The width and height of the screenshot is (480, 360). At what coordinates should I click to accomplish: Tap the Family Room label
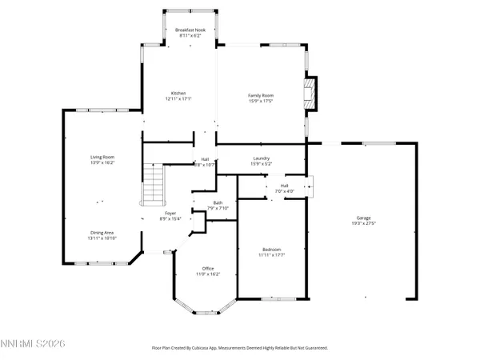click(260, 94)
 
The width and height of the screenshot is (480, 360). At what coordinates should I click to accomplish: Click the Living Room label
click(102, 157)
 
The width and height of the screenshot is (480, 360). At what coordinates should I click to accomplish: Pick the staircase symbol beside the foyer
click(152, 184)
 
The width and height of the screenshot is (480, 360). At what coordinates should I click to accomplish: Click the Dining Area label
click(102, 233)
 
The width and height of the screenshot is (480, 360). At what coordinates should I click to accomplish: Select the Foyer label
click(171, 214)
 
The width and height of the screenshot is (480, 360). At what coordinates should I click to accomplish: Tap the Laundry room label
click(260, 158)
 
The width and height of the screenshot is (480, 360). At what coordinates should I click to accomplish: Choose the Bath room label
click(218, 202)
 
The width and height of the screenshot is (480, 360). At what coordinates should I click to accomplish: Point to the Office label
click(207, 268)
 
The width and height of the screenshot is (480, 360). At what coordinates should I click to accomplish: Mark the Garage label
click(364, 218)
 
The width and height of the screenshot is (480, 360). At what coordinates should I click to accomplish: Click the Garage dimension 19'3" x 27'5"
click(364, 223)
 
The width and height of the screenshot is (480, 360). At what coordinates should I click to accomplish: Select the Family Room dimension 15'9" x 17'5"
click(260, 100)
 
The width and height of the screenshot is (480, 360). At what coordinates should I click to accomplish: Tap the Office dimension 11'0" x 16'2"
click(207, 274)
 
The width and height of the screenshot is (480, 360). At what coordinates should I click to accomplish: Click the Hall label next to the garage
click(284, 186)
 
